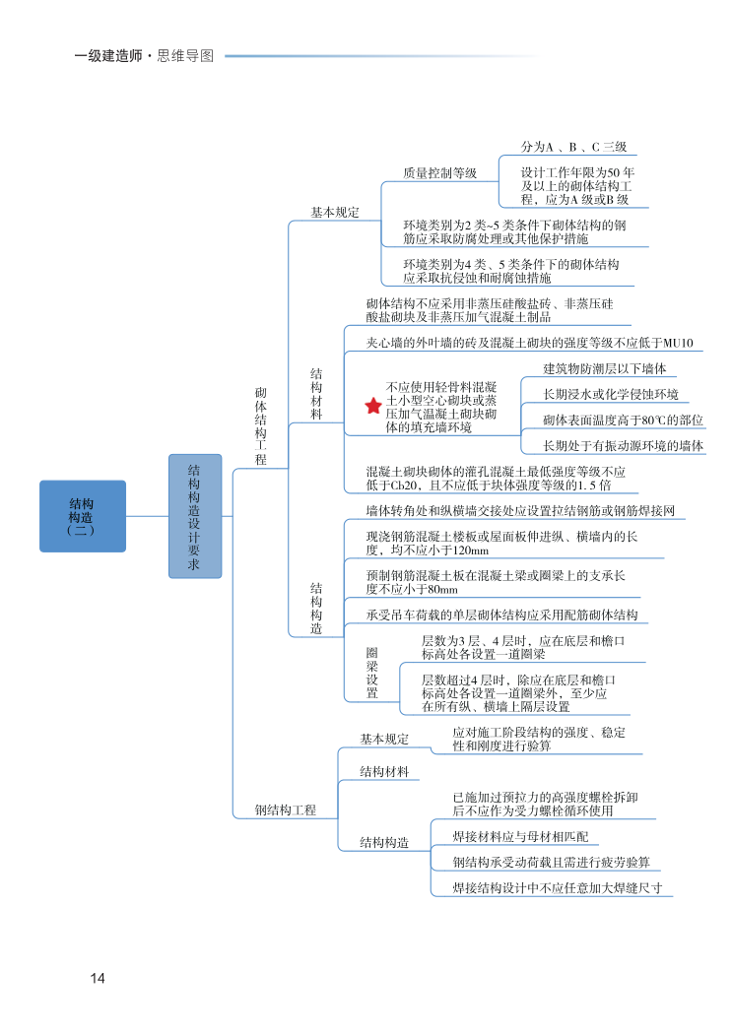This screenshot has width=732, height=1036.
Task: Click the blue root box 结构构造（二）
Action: [83, 516]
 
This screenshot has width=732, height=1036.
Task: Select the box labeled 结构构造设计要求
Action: [195, 516]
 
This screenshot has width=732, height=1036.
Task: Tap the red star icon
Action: [372, 406]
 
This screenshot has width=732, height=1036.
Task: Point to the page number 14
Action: [97, 978]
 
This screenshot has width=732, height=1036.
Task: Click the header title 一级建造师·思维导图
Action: [144, 56]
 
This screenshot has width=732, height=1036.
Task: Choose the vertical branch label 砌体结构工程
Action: [261, 425]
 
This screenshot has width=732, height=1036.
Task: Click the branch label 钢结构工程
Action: [286, 810]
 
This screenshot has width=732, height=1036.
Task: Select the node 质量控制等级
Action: [439, 173]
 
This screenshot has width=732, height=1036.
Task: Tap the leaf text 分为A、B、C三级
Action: [573, 147]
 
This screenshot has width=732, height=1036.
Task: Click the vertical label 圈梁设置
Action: [372, 673]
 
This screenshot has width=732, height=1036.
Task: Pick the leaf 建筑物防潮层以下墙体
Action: [605, 368]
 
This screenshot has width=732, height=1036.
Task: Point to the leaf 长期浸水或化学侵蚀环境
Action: [611, 394]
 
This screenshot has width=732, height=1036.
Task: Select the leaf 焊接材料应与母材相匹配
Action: [520, 836]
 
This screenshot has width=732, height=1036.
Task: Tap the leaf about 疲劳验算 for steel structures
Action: [551, 862]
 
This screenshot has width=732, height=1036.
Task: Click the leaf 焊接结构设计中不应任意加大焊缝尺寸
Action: [557, 887]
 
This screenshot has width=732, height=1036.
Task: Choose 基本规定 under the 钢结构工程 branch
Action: [384, 739]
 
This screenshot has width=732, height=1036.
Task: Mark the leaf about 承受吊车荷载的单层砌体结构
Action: [501, 615]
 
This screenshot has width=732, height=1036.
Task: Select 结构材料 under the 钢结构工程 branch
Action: [384, 771]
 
